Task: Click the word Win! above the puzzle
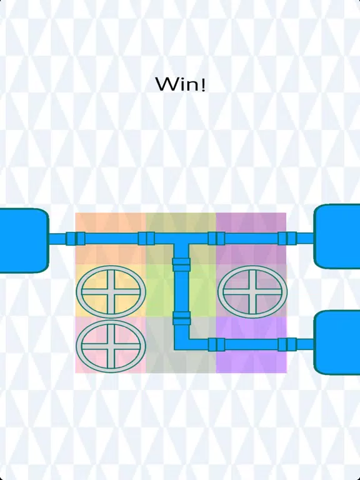180,84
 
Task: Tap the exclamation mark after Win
202,84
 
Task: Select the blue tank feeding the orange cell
24,241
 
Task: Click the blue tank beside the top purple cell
337,236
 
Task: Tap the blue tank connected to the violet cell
337,342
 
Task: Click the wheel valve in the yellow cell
111,291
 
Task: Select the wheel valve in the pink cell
111,346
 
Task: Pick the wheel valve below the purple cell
252,291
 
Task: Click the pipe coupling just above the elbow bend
181,318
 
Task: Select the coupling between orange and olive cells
146,239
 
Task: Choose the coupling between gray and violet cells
216,344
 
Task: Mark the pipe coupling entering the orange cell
76,239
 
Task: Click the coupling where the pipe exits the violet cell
287,344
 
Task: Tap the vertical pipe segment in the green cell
181,291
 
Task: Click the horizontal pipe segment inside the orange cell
111,239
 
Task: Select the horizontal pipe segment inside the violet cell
252,344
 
